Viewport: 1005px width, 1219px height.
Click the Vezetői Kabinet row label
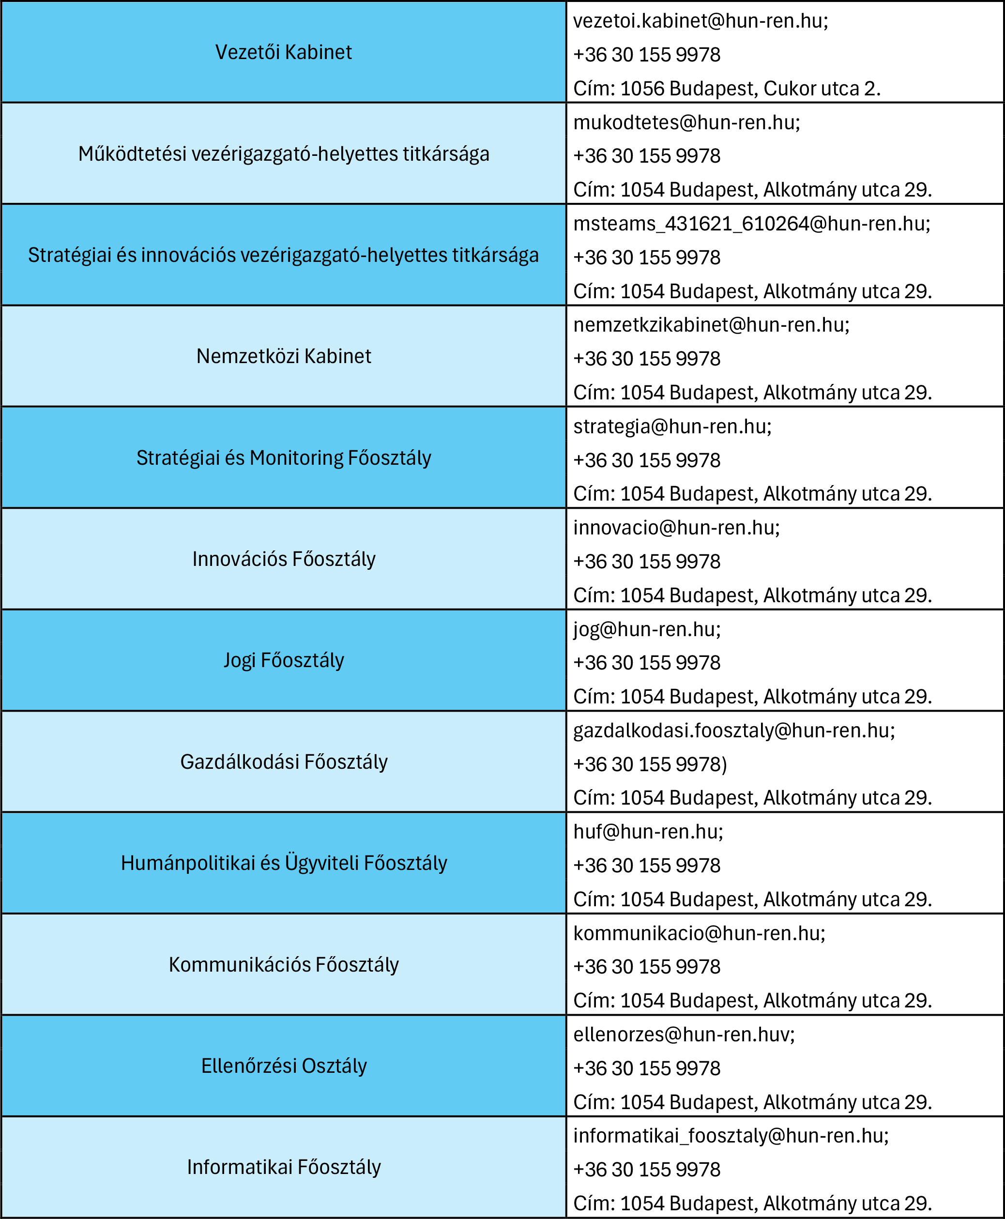pyautogui.click(x=283, y=52)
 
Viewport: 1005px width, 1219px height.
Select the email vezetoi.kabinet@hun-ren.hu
pyautogui.click(x=700, y=21)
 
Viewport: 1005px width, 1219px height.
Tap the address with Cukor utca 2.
pyautogui.click(x=727, y=89)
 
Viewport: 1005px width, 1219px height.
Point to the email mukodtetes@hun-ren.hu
pyautogui.click(x=686, y=122)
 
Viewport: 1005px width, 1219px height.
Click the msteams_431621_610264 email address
pyautogui.click(x=751, y=224)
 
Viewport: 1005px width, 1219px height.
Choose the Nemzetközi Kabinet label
pyautogui.click(x=284, y=356)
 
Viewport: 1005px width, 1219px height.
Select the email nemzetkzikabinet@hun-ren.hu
pyautogui.click(x=711, y=325)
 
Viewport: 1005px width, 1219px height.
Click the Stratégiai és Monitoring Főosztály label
pyautogui.click(x=284, y=458)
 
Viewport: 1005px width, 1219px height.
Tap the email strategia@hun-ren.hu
pyautogui.click(x=672, y=427)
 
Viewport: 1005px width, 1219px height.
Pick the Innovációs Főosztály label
pyautogui.click(x=284, y=559)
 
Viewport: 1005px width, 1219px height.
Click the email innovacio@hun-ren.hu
pyautogui.click(x=676, y=528)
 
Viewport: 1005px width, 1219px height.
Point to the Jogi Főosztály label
pyautogui.click(x=284, y=660)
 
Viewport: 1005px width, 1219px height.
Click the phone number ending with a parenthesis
pyautogui.click(x=650, y=764)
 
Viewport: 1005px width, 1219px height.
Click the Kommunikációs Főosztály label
pyautogui.click(x=284, y=965)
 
